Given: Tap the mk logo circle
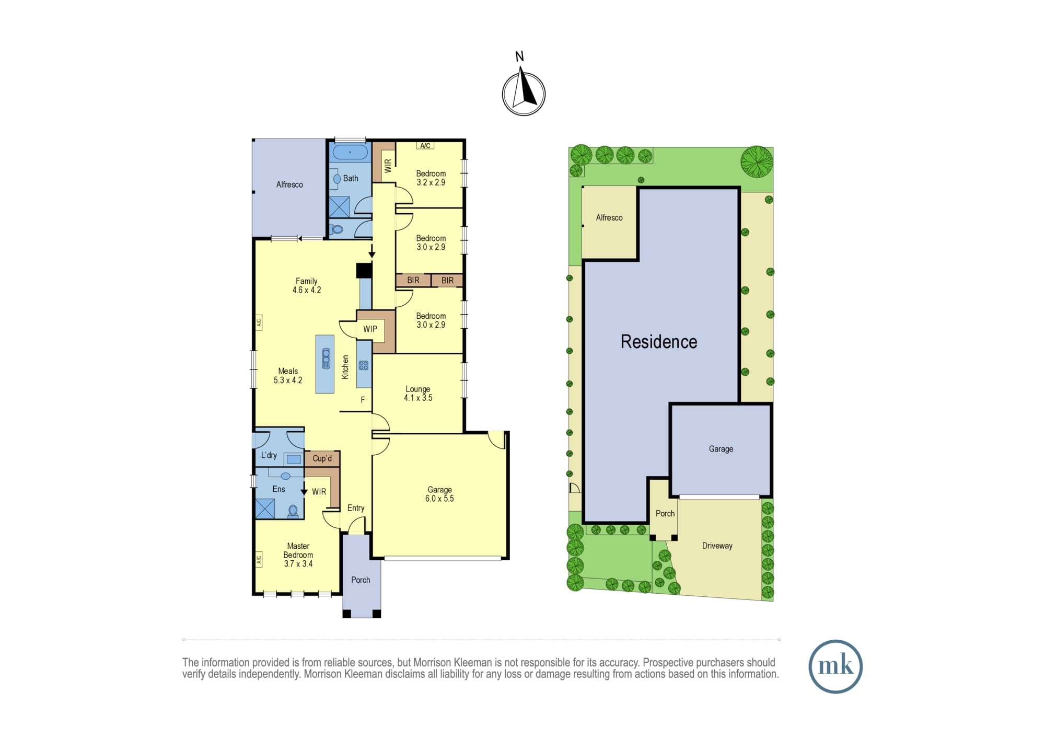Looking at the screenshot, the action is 835,666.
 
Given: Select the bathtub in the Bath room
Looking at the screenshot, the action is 350,152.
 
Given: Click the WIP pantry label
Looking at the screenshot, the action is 370,329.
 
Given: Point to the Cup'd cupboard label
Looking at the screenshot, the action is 322,458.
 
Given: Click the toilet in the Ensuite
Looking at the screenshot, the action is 293,511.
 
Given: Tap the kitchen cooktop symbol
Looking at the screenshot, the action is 364,365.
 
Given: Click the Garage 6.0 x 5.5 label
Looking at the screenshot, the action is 439,494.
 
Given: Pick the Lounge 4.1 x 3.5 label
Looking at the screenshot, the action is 418,393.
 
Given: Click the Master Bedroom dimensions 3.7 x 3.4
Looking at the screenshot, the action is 298,563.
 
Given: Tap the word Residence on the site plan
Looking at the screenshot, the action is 659,341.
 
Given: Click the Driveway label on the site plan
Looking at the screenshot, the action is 717,546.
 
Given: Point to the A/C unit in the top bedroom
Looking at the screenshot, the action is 425,146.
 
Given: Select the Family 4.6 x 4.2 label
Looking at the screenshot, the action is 307,285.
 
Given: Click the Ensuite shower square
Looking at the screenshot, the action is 265,509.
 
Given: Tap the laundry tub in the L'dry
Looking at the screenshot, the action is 294,459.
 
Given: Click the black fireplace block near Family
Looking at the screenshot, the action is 364,270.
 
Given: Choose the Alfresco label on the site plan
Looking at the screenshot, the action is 609,217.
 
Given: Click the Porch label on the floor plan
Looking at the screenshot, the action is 361,580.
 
